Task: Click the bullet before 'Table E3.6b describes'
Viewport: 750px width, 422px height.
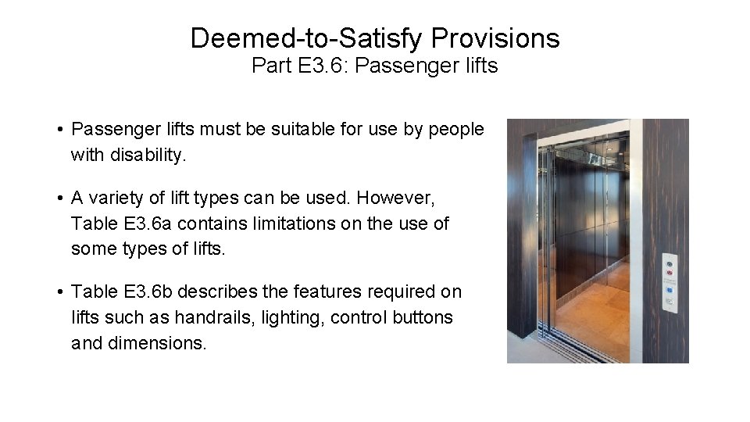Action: pos(59,292)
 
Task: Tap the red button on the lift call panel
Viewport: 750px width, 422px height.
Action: pos(670,274)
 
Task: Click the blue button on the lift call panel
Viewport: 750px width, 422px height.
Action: pos(670,291)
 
